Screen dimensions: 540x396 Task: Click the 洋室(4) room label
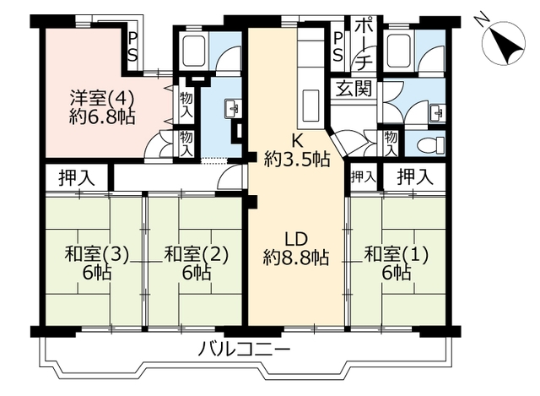coord(102,107)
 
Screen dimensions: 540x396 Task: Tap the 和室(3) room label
coord(97,263)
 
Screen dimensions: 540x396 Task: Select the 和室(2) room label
coord(197,263)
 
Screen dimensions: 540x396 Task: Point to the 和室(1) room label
coord(397,263)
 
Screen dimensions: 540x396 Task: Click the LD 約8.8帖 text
coord(296,248)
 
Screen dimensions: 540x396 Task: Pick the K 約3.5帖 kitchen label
coord(297,150)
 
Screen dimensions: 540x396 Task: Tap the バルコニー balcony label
coord(244,350)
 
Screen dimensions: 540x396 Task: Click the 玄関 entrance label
coord(354,88)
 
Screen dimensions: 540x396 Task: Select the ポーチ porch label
coord(364,45)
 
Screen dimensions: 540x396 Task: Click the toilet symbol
coord(431,144)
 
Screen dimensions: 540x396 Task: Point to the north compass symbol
coord(503,45)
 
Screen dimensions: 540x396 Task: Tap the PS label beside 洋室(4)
coord(132,48)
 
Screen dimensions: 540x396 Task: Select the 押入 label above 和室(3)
coord(76,177)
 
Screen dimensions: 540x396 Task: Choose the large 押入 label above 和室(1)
coord(414,177)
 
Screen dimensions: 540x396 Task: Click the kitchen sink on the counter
coord(311,106)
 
